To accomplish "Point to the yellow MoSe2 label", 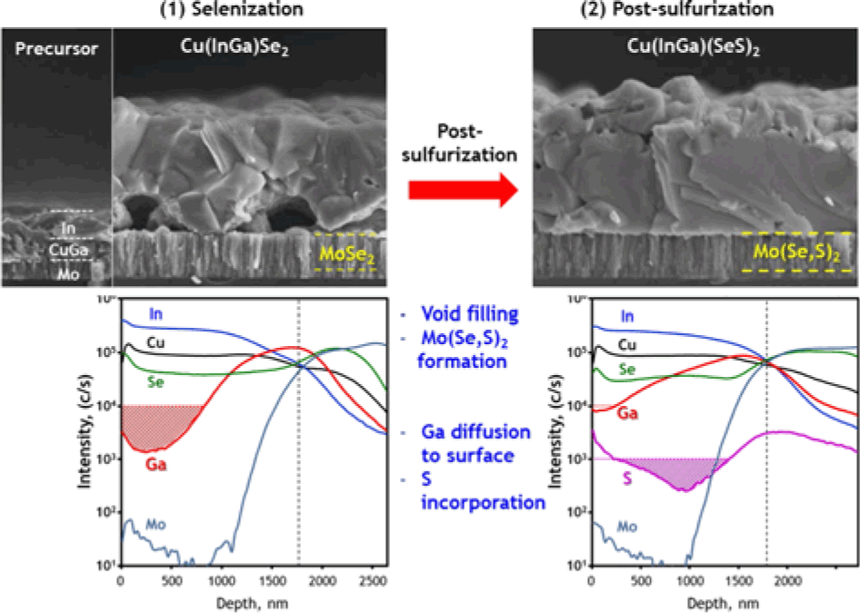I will tap(346, 252).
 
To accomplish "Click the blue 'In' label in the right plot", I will tap(628, 317).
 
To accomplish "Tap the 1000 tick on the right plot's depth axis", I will tap(688, 579).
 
